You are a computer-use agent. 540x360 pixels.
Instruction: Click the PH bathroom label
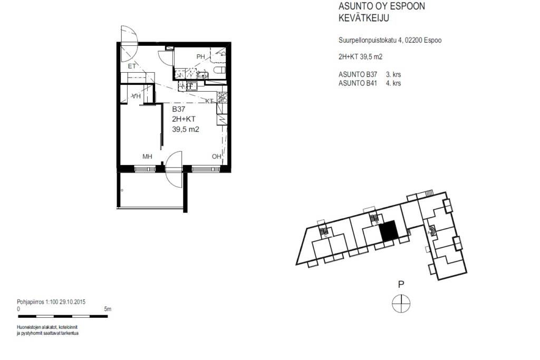coord(200,57)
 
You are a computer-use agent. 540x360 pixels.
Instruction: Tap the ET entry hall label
coord(131,66)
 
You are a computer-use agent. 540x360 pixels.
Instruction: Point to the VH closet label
coord(137,96)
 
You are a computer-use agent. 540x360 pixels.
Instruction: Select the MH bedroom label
coord(148,157)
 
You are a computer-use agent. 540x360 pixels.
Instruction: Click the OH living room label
coord(216,157)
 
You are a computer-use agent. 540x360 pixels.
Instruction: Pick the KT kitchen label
coord(209,101)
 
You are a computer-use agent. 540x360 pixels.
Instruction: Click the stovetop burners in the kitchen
coord(222,98)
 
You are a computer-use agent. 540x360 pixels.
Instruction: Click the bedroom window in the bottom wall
coord(144,169)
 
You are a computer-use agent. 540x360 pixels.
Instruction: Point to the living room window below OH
coord(206,169)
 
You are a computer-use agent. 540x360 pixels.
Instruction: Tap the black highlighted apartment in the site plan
coord(389,231)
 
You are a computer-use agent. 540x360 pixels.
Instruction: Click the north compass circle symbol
coord(401,304)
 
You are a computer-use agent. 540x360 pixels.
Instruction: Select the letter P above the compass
coord(401,285)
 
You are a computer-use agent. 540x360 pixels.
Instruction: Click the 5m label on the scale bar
coord(108,309)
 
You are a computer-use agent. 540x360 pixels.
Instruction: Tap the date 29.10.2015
coord(72,302)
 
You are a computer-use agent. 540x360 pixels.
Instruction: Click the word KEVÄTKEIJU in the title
coord(364,18)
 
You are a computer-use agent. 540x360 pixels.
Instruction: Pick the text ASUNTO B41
coord(358,83)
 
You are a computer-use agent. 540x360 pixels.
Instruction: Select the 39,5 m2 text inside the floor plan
coord(186,130)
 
